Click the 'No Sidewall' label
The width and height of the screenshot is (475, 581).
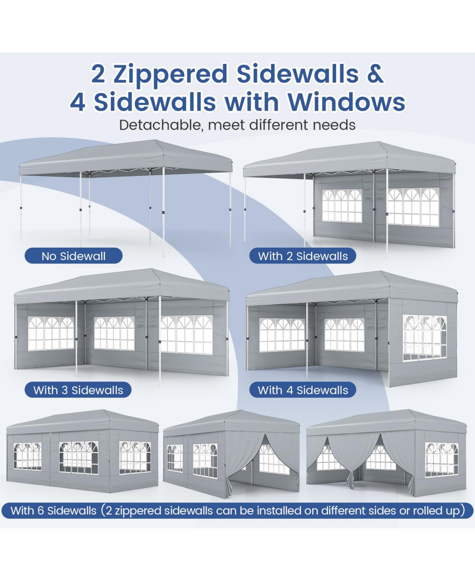tap(74, 256)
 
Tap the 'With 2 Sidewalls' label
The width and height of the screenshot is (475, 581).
tap(303, 256)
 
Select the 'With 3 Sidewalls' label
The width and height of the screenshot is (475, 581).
tap(78, 390)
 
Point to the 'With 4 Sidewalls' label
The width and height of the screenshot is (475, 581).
tap(303, 390)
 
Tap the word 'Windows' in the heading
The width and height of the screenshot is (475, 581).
tap(346, 102)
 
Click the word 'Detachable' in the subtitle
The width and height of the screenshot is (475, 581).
tap(160, 125)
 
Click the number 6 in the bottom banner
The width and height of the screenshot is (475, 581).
tap(40, 510)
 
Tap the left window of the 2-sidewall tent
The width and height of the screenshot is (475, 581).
tap(342, 205)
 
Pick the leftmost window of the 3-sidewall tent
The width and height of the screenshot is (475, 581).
tap(51, 333)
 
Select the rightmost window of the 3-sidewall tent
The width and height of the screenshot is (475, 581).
tap(186, 334)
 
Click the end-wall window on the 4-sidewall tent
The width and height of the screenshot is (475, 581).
tap(424, 338)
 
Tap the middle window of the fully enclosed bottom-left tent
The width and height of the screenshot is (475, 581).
tap(78, 457)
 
